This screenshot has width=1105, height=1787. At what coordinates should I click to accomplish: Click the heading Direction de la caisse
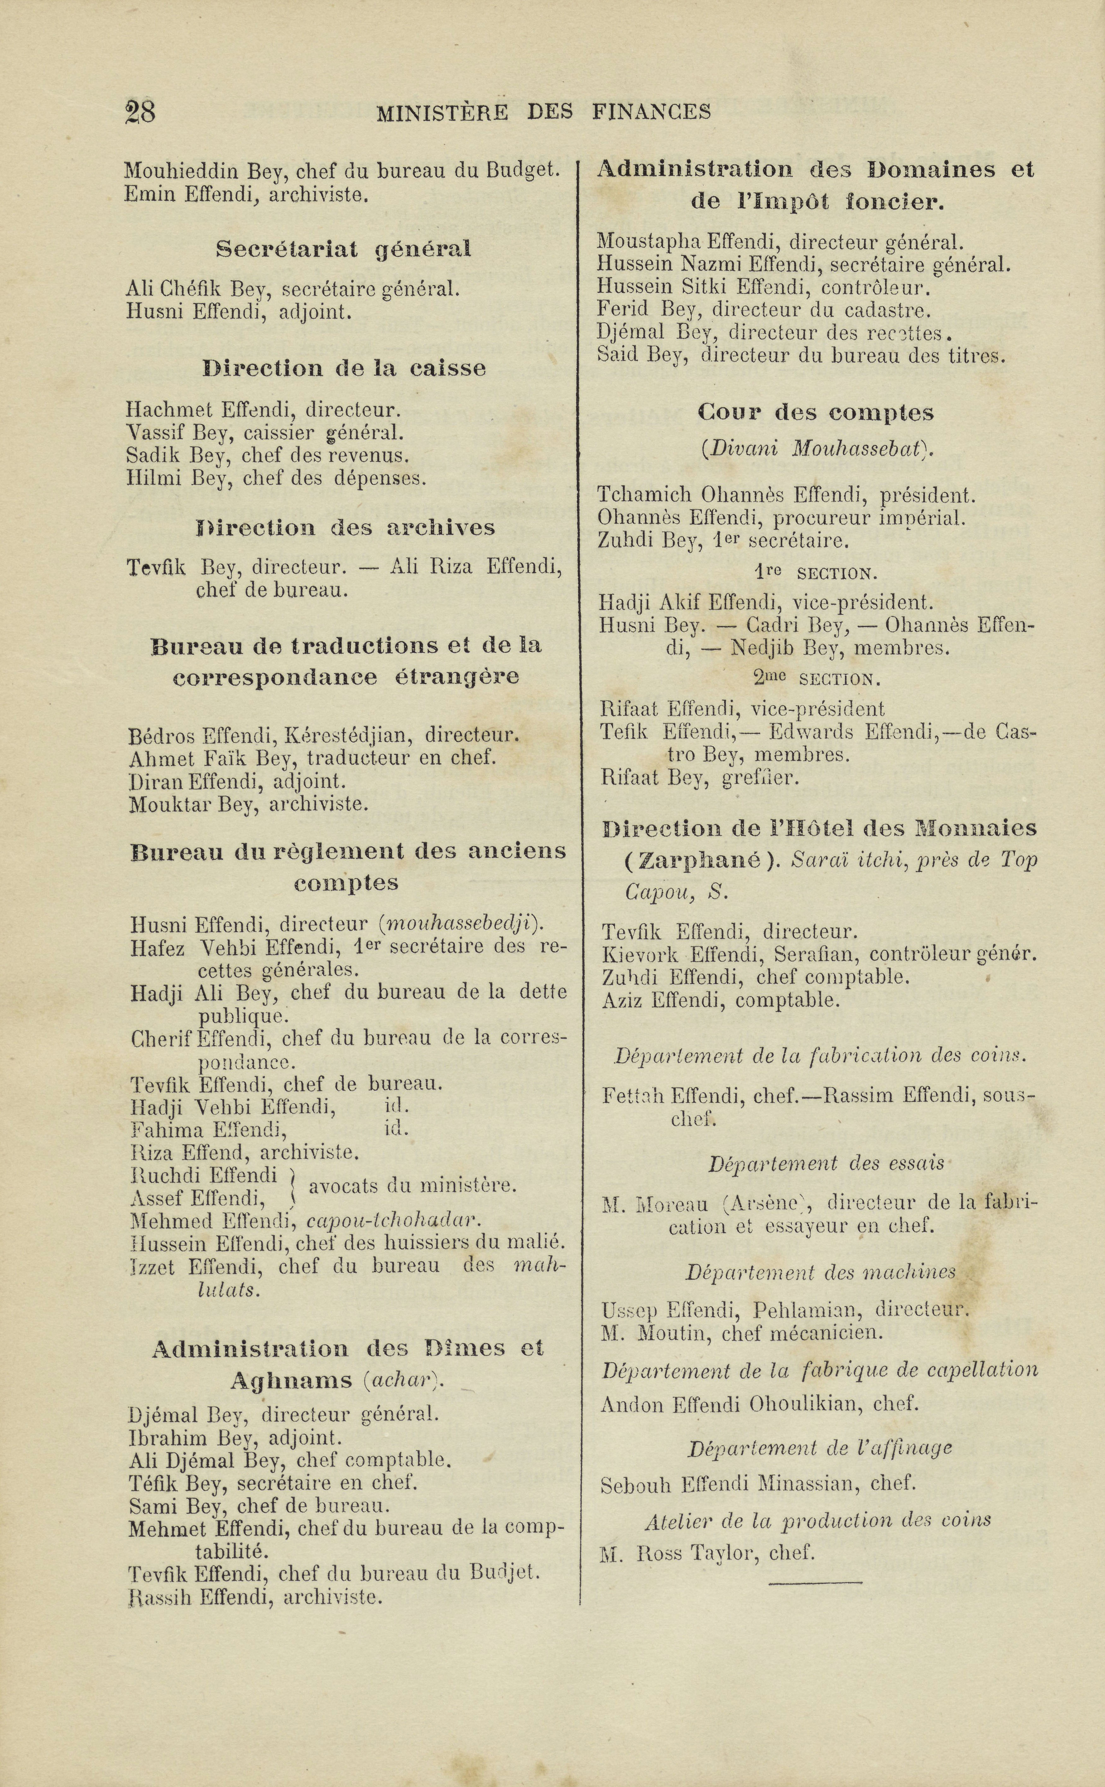(343, 368)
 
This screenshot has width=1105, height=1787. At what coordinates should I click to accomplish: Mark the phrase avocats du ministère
(413, 1186)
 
